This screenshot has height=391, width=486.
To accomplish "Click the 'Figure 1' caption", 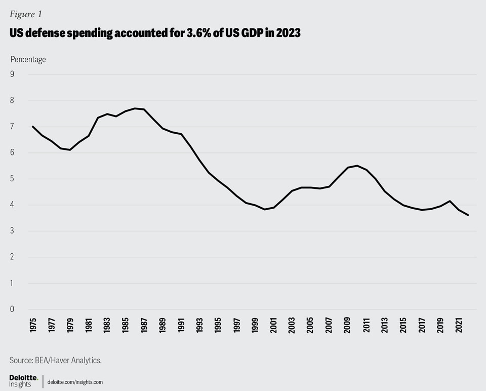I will [25, 14].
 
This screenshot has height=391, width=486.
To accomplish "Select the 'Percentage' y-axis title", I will [28, 59].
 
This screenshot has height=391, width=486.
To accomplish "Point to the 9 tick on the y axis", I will [12, 74].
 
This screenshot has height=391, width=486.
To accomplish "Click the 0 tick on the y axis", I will [12, 309].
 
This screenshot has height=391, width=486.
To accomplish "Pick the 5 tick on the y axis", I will [12, 179].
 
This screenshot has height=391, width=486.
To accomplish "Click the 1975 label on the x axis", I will [33, 325].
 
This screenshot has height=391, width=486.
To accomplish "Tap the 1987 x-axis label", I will [144, 325].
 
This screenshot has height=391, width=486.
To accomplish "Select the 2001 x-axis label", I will [274, 325].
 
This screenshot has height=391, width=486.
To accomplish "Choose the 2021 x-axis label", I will [459, 325].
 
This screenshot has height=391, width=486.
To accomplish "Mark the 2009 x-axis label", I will [348, 325].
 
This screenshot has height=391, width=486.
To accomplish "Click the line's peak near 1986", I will [135, 108].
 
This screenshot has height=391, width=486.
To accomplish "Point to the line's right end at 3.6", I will [468, 215].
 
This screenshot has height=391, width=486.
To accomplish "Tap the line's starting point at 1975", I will [33, 127].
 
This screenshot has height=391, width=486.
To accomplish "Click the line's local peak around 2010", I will [357, 166].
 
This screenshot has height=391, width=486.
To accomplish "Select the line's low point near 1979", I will [70, 150].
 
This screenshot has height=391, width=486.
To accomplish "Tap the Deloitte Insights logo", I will [23, 381].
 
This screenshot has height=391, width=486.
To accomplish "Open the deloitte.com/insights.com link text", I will [75, 382].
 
